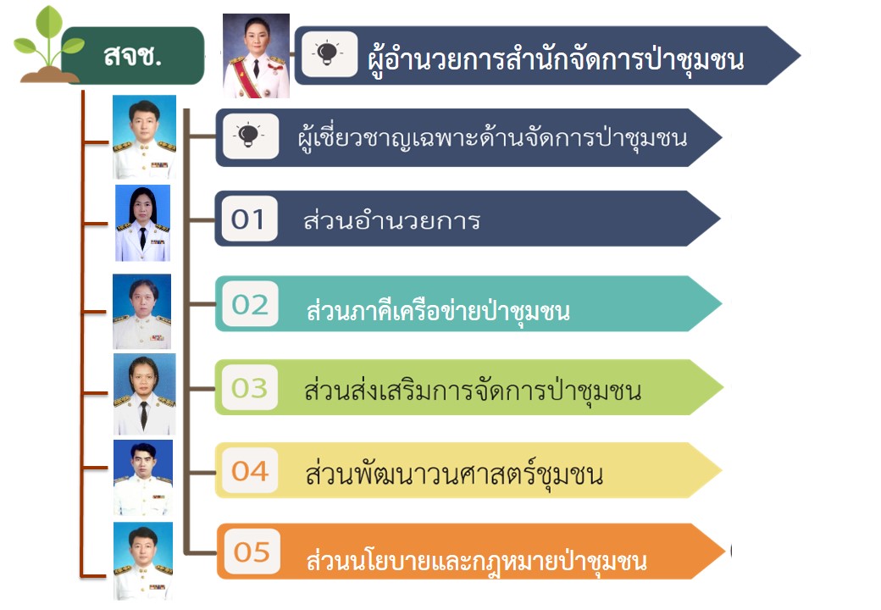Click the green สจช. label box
133,56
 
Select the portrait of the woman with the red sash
256,56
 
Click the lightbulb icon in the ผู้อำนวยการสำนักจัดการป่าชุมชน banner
329,54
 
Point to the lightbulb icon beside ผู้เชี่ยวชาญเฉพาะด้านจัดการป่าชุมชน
250,136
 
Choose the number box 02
250,304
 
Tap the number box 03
249,387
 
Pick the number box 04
250,471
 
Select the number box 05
252,552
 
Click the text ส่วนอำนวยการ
391,220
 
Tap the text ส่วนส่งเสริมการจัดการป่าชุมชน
473,391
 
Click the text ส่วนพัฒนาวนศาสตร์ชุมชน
454,474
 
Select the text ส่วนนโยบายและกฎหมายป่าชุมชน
476,559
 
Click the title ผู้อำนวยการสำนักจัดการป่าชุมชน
556,59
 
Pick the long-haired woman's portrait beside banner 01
142,223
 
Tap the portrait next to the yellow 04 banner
143,478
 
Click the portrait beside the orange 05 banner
143,561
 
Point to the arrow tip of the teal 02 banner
722,304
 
